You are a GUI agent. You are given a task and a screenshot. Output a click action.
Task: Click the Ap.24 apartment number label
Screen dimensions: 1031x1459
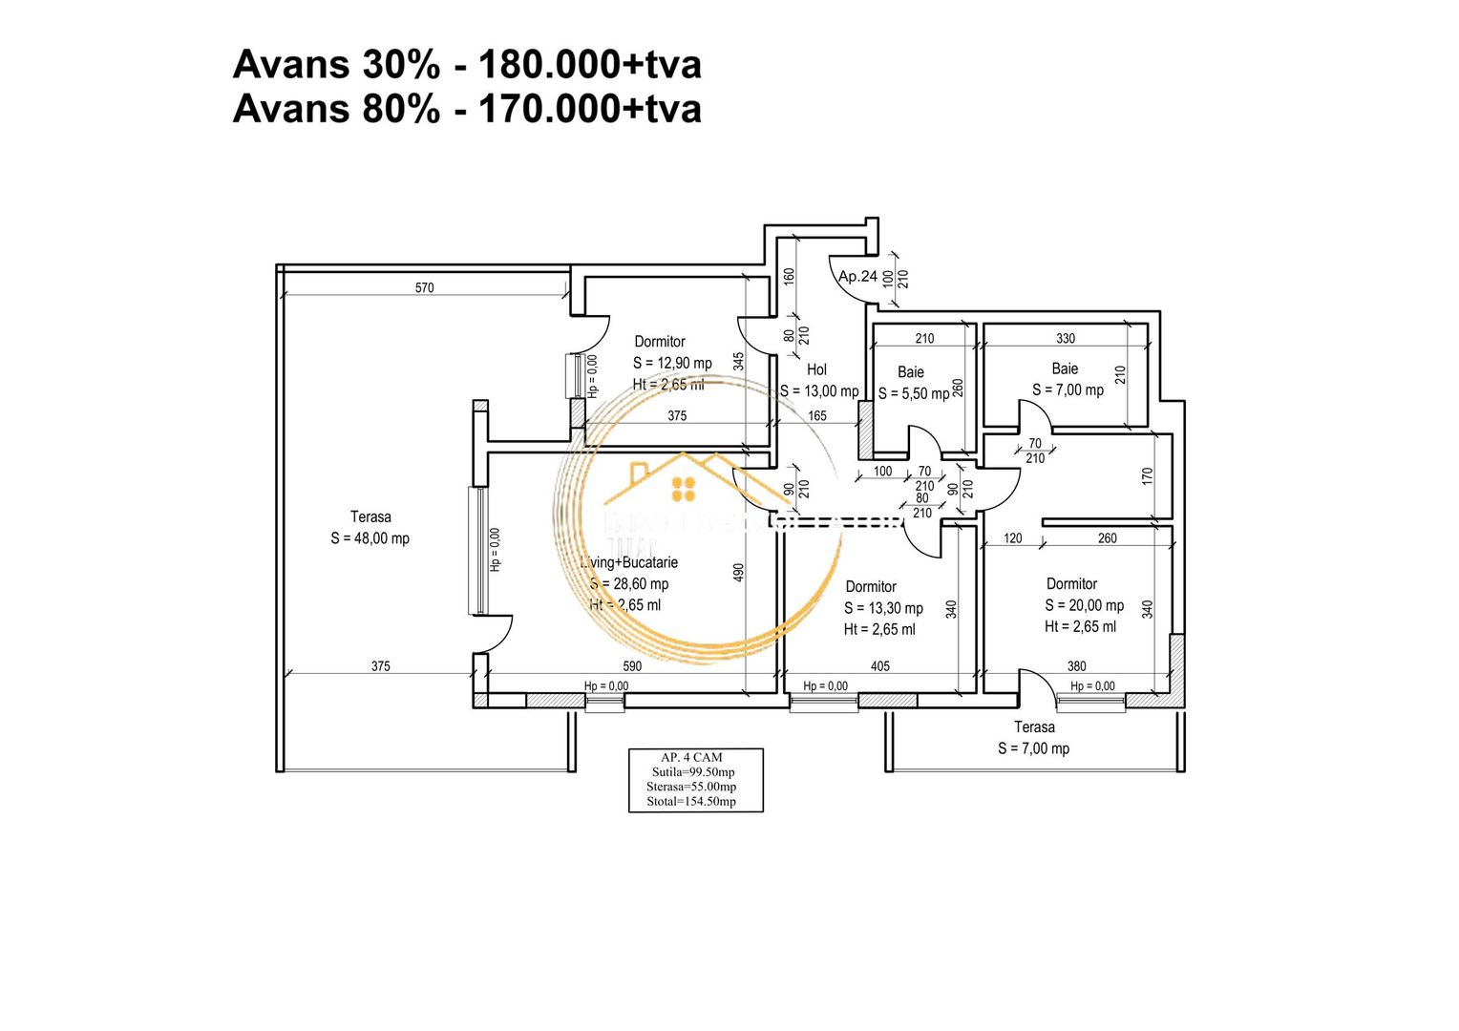coord(857,277)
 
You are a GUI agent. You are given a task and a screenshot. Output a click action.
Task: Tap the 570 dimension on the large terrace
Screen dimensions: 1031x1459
coord(424,287)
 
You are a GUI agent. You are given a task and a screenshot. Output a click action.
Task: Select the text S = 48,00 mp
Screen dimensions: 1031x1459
coord(370,538)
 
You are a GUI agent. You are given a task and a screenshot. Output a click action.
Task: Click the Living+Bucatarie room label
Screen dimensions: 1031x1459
coord(630,562)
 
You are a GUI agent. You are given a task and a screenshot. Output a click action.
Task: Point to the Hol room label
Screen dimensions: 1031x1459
coord(816,369)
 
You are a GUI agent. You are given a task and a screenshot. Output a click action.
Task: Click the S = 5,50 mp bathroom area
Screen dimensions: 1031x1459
coord(914,393)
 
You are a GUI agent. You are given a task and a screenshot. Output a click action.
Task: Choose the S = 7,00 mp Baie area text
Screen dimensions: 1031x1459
coord(1068,389)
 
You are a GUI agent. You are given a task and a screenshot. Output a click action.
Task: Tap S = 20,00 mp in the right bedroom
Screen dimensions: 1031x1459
coord(1084,605)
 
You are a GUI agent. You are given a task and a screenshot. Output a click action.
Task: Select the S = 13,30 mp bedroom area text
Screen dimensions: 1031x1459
coord(883,608)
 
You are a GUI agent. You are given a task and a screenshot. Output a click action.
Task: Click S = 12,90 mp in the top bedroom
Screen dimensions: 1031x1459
coord(672,363)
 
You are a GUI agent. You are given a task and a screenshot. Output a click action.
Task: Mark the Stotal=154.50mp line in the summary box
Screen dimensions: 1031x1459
coord(691,801)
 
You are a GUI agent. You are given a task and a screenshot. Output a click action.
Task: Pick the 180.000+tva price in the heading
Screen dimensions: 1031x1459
coord(589,65)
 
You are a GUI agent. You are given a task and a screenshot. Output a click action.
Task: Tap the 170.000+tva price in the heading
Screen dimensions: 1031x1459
coord(589,109)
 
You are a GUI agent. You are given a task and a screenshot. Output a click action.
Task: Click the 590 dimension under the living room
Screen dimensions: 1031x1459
coord(632,666)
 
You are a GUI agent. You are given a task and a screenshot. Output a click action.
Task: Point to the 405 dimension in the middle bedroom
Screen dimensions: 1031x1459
coord(880,666)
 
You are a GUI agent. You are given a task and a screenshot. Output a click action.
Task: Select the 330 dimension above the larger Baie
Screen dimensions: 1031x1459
coord(1066,338)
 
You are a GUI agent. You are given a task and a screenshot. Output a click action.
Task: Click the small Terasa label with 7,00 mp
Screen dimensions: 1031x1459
coord(1034,727)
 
